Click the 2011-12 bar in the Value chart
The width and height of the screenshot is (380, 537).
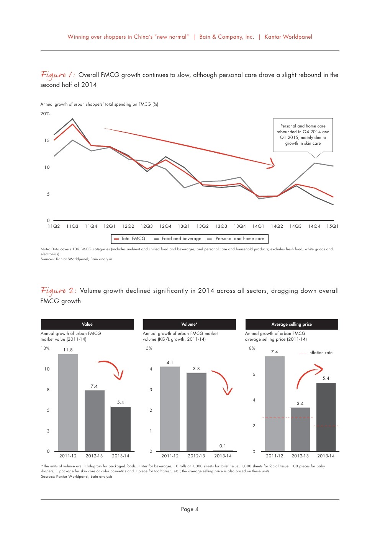pyautogui.click(x=68, y=402)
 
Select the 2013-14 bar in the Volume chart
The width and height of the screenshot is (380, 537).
pyautogui.click(x=223, y=450)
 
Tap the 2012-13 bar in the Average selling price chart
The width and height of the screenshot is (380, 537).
pyautogui.click(x=300, y=429)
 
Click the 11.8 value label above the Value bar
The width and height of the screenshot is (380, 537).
pyautogui.click(x=68, y=350)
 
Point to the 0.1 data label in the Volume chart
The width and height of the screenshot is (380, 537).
pyautogui.click(x=223, y=446)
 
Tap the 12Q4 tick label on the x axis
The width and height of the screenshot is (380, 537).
pyautogui.click(x=165, y=226)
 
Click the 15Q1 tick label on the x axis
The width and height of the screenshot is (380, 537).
pyautogui.click(x=332, y=226)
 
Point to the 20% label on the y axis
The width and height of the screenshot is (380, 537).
pyautogui.click(x=45, y=114)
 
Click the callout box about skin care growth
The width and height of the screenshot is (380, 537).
pyautogui.click(x=303, y=135)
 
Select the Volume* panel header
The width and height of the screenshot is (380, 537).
pyautogui.click(x=189, y=324)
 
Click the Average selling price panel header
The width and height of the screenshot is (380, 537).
pyautogui.click(x=292, y=324)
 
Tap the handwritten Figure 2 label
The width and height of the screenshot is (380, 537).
pyautogui.click(x=58, y=291)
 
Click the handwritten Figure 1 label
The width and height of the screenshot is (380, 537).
pyautogui.click(x=57, y=75)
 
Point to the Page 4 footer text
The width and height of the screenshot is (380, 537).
pyautogui.click(x=190, y=509)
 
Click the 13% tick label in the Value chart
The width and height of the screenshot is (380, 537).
pyautogui.click(x=45, y=348)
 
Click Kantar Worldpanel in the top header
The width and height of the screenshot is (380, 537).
pyautogui.click(x=288, y=37)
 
